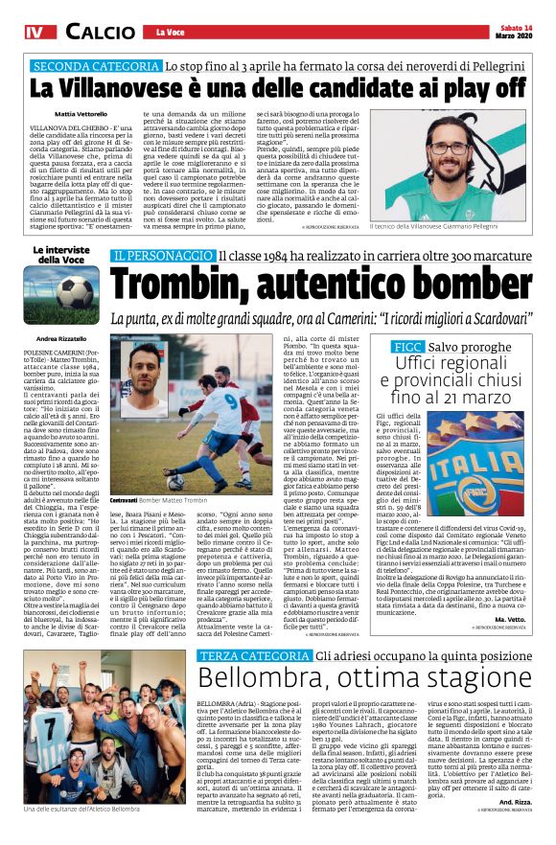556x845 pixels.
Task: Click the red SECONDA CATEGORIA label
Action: click(x=95, y=67)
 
